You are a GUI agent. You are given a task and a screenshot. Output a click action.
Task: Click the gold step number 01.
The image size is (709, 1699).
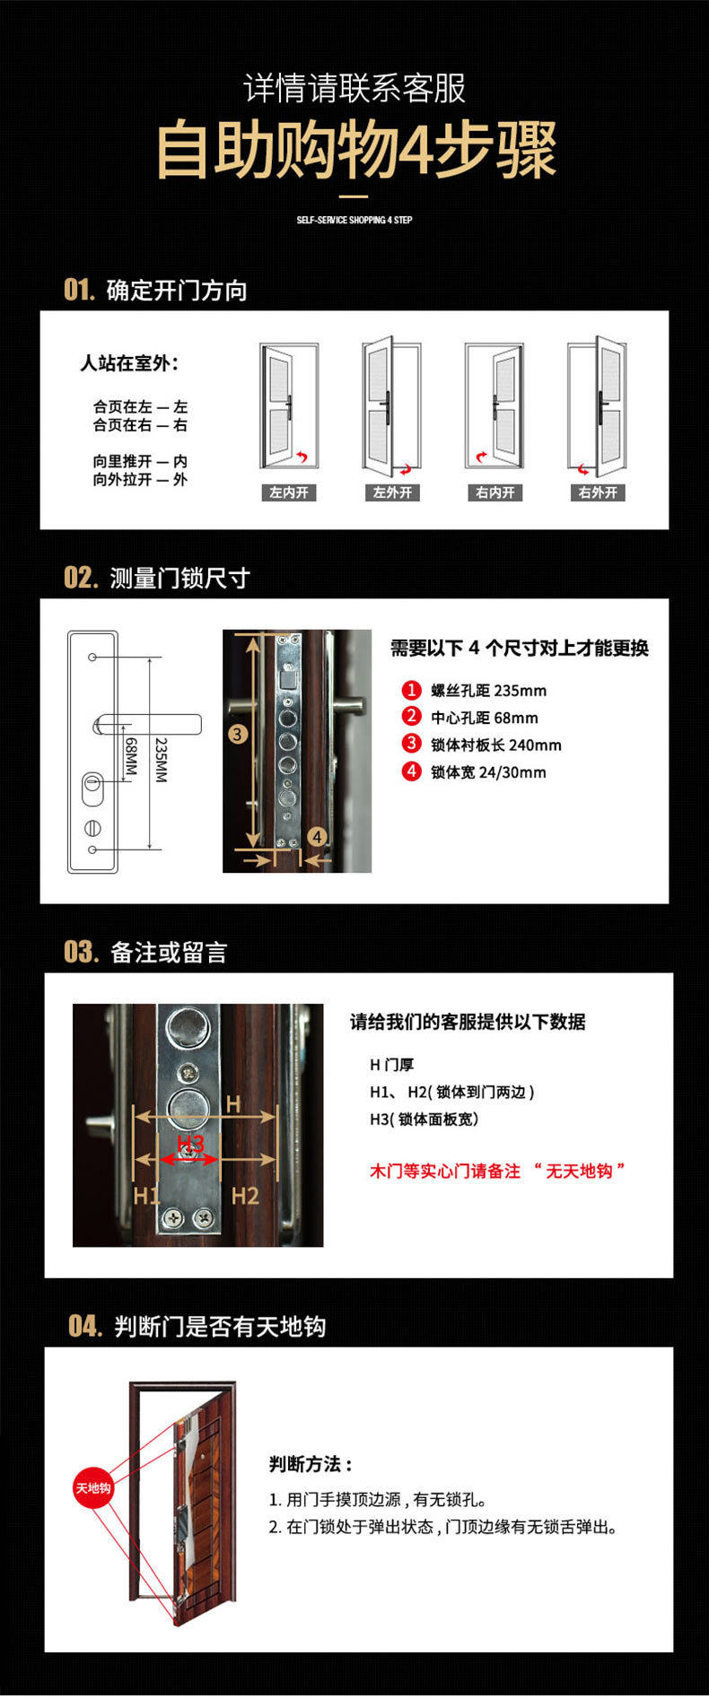pos(79,290)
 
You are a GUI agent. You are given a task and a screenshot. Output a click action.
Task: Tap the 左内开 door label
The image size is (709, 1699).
pos(289,492)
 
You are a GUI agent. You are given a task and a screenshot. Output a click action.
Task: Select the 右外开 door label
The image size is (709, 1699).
pos(598,492)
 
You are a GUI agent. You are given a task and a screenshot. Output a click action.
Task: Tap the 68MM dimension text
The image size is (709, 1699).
pos(131,756)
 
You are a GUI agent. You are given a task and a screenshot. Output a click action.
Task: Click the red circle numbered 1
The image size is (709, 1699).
pos(411,690)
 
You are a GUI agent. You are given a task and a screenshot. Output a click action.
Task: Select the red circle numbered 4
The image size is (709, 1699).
pos(411,771)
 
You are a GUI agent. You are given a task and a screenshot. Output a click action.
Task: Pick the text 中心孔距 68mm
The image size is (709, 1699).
pos(485,718)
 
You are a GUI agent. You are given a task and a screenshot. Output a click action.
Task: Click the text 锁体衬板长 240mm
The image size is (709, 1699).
pos(496,745)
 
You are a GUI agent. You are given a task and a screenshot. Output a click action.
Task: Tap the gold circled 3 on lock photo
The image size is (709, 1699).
pos(237,735)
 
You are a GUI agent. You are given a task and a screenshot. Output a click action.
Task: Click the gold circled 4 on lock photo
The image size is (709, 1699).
pos(317,836)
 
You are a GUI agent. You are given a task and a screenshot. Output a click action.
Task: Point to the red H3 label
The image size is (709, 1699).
pos(190,1143)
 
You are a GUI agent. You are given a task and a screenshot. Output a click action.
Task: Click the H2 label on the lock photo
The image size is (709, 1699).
pos(245,1196)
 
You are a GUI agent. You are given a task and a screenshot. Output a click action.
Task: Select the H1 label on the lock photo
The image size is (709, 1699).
pos(146,1196)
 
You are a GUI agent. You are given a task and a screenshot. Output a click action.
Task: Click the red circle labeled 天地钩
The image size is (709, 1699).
pos(93,1488)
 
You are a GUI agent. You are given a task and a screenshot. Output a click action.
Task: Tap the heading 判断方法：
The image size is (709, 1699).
pos(311,1465)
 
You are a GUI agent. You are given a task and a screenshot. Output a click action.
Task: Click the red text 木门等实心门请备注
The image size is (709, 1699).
pos(445,1171)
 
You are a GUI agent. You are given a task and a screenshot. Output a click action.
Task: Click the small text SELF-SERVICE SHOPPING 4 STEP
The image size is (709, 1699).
pos(354,220)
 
